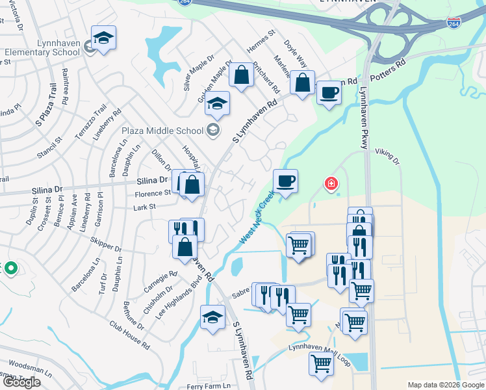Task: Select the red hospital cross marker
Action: point(331,185)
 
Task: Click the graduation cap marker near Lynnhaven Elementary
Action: point(103,39)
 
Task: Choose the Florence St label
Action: point(153,194)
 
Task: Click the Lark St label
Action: point(145,207)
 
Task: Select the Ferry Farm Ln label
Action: point(209,386)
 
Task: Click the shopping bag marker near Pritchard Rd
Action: point(241,75)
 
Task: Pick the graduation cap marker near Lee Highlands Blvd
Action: point(212,317)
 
